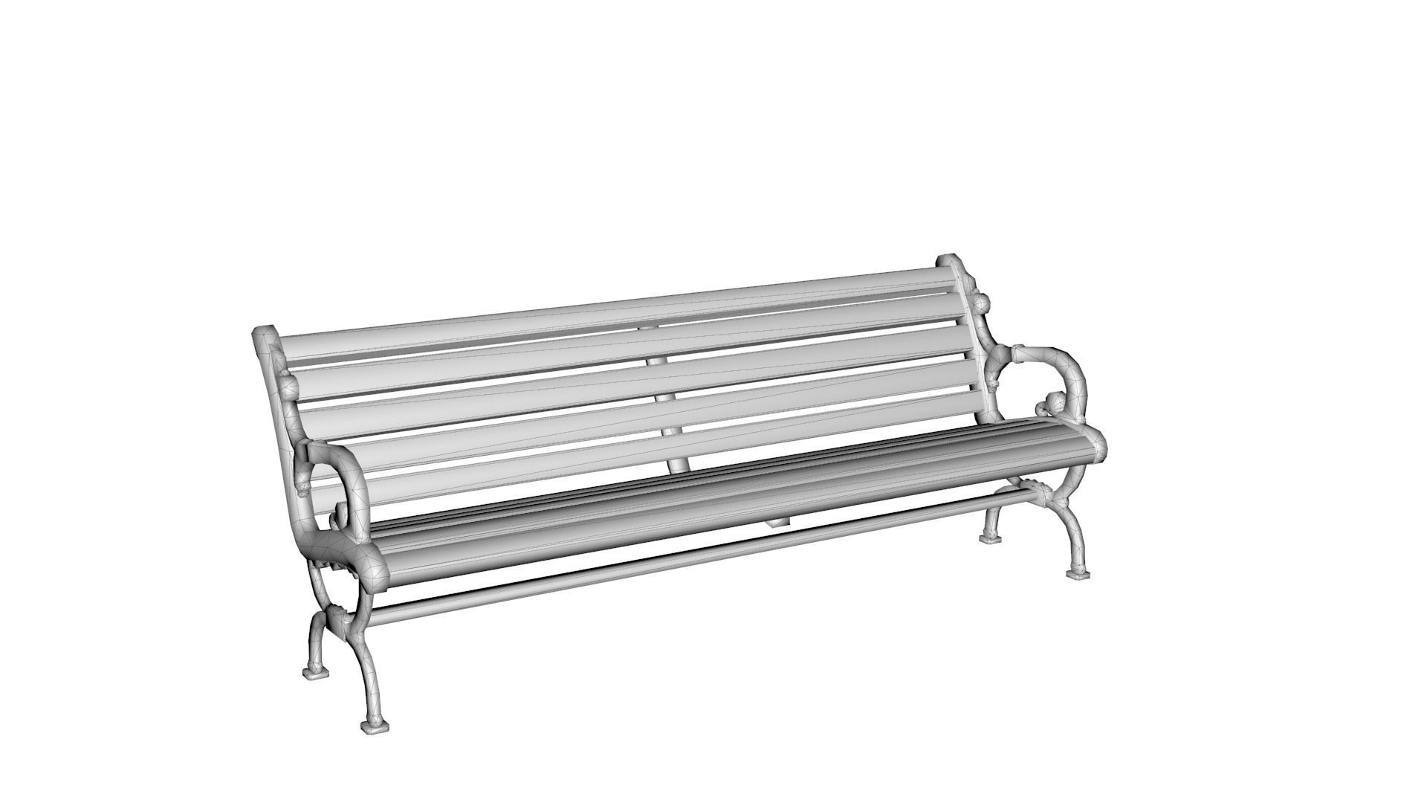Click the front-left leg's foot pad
[x=375, y=725]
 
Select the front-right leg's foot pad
[x=1078, y=573]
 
